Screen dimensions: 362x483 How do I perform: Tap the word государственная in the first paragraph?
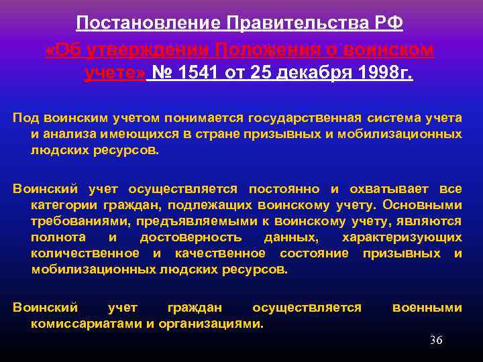click(x=305, y=118)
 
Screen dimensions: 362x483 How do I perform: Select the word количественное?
click(x=85, y=253)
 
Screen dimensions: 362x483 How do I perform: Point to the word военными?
click(x=427, y=308)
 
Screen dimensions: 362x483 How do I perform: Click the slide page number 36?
click(x=436, y=341)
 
